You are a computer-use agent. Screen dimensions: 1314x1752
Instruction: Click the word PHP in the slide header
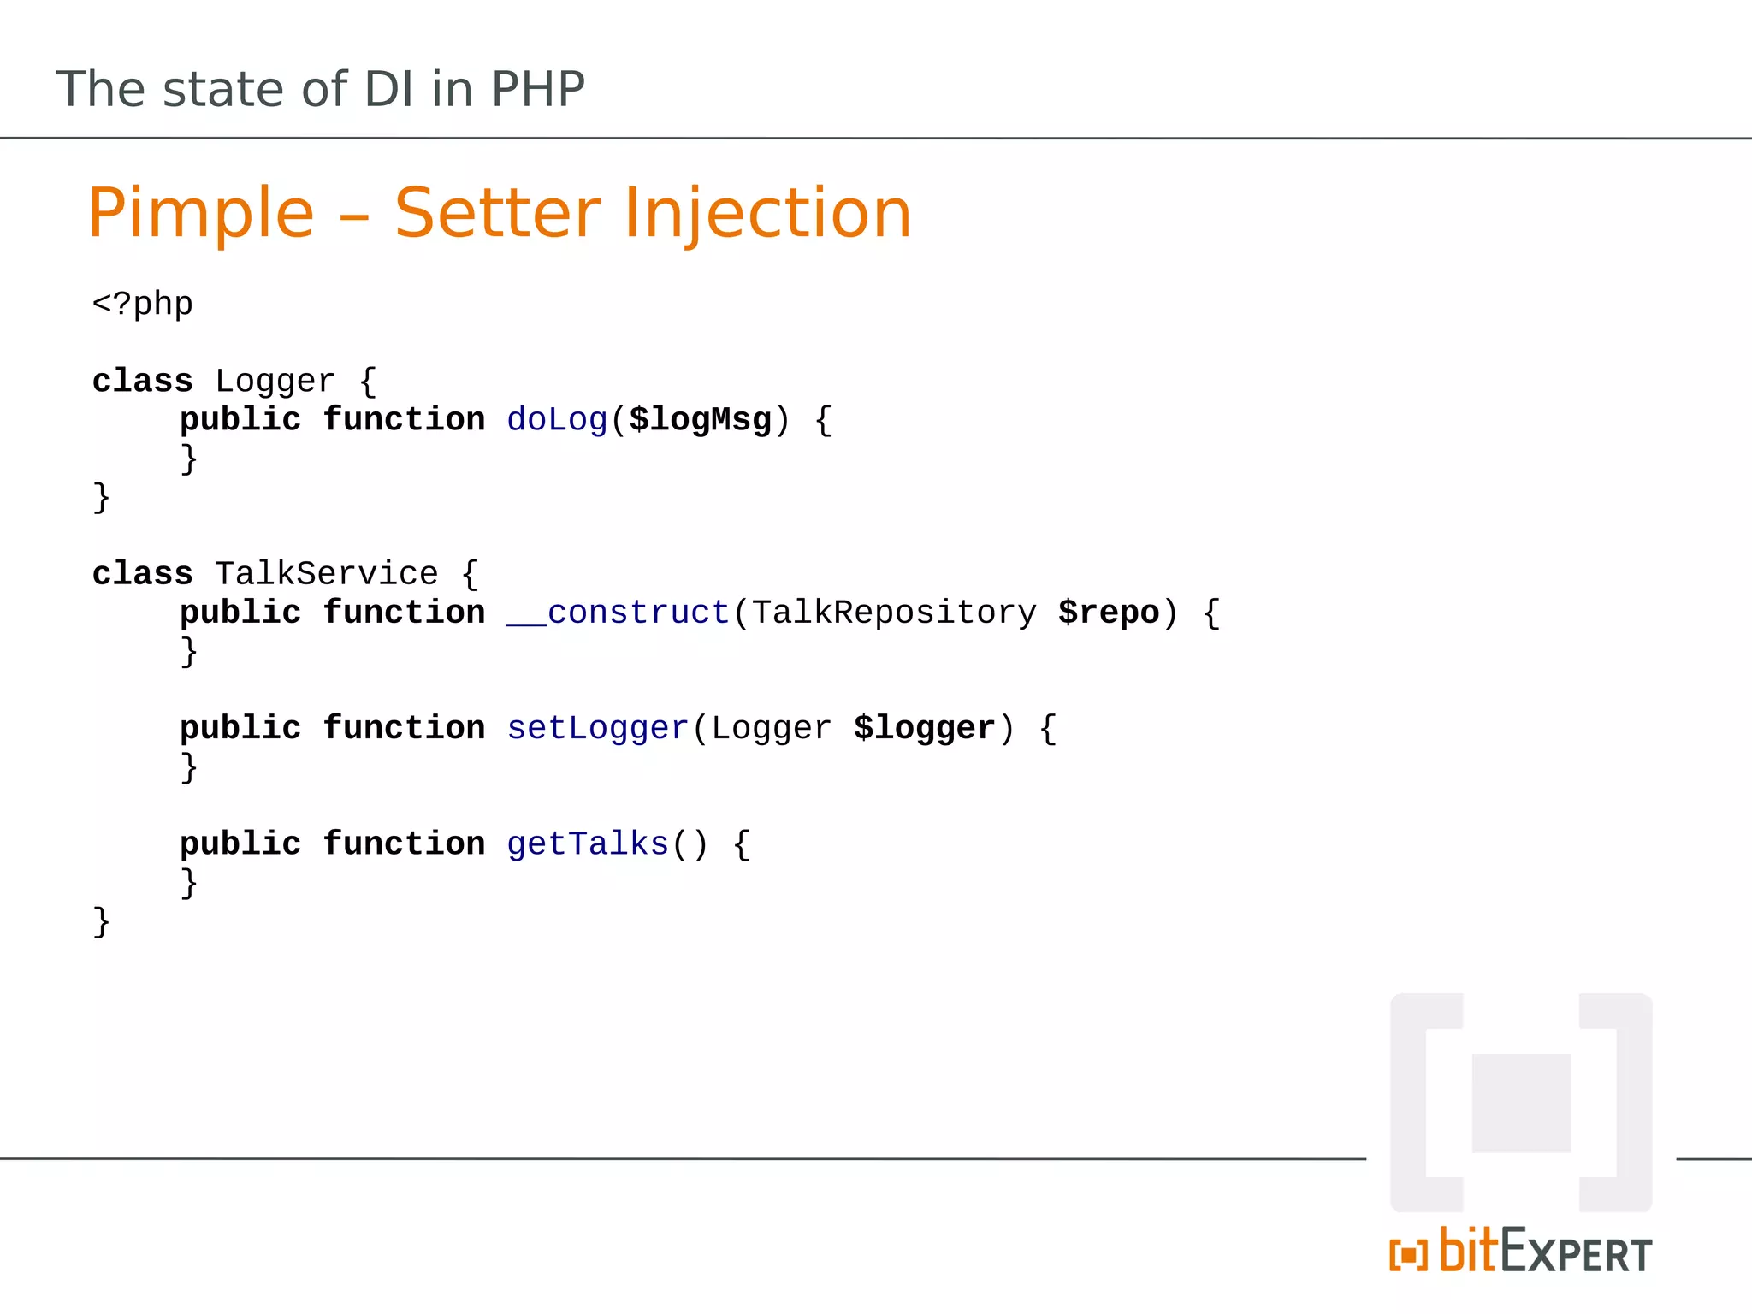pos(537,90)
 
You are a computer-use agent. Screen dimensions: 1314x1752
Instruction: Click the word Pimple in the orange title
pos(201,214)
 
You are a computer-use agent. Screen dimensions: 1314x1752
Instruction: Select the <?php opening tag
pos(143,305)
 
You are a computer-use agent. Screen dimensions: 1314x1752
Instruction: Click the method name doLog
pos(557,420)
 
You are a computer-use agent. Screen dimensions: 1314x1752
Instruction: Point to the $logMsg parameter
pos(700,420)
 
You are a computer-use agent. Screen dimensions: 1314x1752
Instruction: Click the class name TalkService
pos(326,574)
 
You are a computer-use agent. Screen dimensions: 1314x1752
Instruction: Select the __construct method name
pos(618,613)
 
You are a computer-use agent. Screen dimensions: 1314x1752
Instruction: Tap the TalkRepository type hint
pos(894,613)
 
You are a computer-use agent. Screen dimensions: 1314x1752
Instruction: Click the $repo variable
pos(1109,613)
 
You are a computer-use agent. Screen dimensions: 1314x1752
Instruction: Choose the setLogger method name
pos(598,728)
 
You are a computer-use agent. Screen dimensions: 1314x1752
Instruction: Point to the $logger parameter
pos(924,728)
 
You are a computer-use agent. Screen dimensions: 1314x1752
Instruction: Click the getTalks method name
pos(588,844)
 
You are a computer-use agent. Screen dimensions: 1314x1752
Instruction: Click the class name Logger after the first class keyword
pos(275,382)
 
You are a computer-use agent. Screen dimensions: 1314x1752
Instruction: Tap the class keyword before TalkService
pos(143,574)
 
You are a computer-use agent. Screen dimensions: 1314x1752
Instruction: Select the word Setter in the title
pos(498,214)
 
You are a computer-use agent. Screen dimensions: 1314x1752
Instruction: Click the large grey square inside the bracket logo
pos(1521,1103)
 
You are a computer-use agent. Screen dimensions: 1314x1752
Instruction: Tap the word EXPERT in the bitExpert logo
pos(1577,1254)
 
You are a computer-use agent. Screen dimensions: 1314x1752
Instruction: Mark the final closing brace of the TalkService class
pos(101,922)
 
